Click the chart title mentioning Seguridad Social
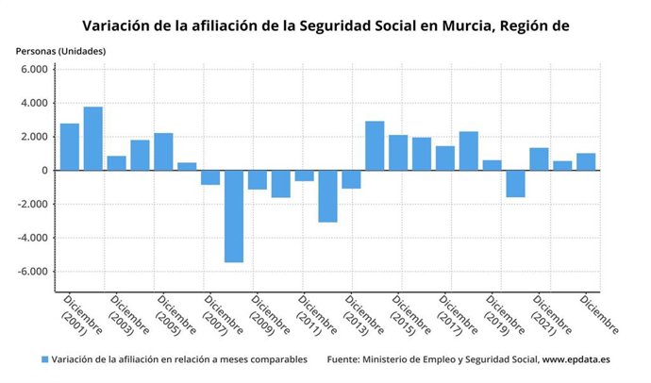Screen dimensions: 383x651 [x=325, y=25]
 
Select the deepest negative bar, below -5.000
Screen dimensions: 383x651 [x=234, y=216]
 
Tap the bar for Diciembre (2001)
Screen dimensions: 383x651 [x=70, y=147]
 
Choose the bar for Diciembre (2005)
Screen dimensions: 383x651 [x=163, y=152]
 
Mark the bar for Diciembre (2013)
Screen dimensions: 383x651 [x=351, y=179]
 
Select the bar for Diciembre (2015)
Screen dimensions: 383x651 [x=398, y=153]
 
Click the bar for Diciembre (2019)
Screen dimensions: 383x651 [x=492, y=165]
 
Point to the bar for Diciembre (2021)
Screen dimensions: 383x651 [x=539, y=159]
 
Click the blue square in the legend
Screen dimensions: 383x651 [x=44, y=359]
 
